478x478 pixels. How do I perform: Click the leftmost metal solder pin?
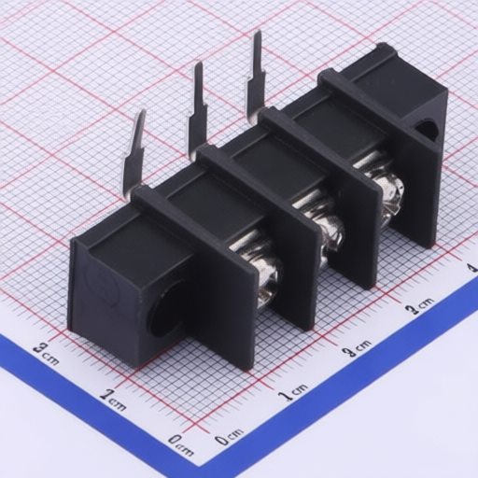(134, 156)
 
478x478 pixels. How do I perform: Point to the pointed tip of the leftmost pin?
(143, 110)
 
